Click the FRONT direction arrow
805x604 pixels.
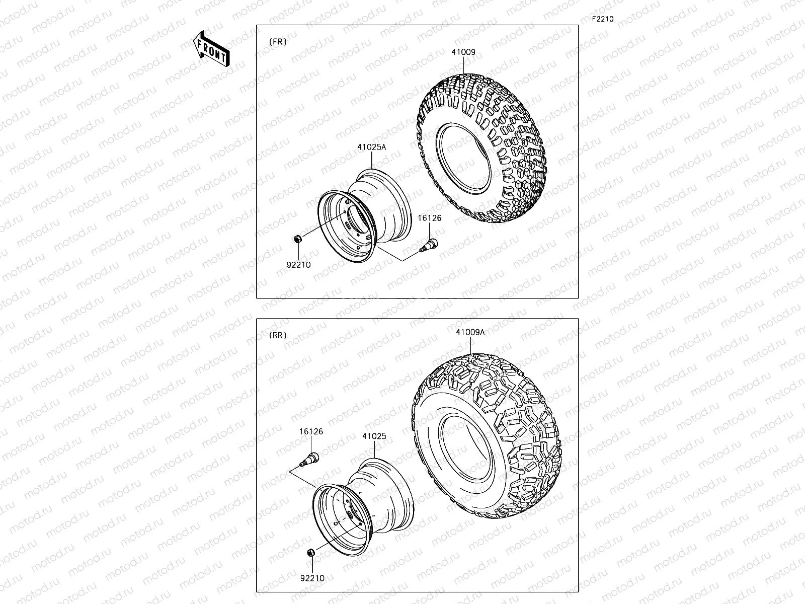pyautogui.click(x=211, y=49)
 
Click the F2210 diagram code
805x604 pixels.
pyautogui.click(x=602, y=19)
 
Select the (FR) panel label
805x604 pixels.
pyautogui.click(x=278, y=42)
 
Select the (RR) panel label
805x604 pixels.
pyautogui.click(x=278, y=335)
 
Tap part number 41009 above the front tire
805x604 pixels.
pyautogui.click(x=463, y=52)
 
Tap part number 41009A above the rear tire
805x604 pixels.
pyautogui.click(x=470, y=332)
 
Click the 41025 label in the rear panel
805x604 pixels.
pyautogui.click(x=374, y=436)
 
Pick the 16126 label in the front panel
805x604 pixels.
pyautogui.click(x=429, y=218)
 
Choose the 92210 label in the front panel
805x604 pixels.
pyautogui.click(x=298, y=265)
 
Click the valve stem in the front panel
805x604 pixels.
pyautogui.click(x=429, y=246)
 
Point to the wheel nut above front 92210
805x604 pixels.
pyautogui.click(x=298, y=239)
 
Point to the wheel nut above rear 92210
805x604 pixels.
pyautogui.click(x=310, y=553)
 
